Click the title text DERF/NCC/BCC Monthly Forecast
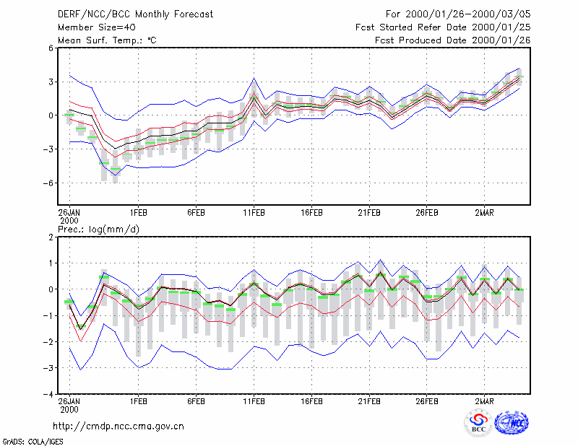tap(135, 14)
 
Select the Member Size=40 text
tap(97, 27)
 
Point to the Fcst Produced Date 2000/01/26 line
tap(453, 40)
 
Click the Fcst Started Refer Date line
tap(443, 27)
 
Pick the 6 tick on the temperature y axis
tap(51, 48)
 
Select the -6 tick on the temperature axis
tap(48, 183)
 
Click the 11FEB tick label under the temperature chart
tap(254, 213)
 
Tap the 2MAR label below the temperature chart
tap(484, 213)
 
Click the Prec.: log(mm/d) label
tap(98, 229)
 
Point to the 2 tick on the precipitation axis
tap(51, 237)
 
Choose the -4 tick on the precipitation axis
tap(48, 394)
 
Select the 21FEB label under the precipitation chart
tap(369, 401)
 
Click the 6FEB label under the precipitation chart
tap(196, 401)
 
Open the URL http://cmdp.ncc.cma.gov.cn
tap(118, 427)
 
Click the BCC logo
tap(478, 424)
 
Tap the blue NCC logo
tap(512, 423)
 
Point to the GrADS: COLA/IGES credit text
tap(33, 442)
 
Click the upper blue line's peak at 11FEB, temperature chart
tap(254, 78)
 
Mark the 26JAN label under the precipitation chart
tap(69, 405)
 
